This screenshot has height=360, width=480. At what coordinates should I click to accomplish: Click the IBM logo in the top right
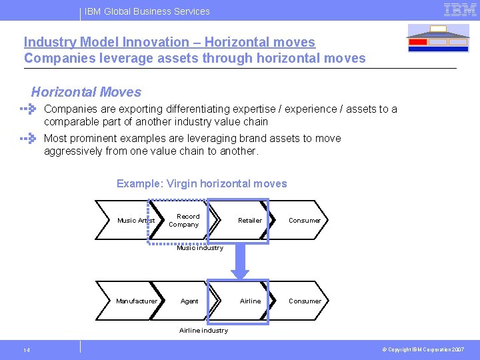(x=459, y=10)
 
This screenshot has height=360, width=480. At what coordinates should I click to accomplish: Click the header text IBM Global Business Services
(x=147, y=11)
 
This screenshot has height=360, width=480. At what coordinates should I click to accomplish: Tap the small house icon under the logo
(x=438, y=39)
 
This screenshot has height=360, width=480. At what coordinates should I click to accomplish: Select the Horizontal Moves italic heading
(x=86, y=92)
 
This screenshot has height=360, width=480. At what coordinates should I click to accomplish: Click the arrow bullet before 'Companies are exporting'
(x=27, y=109)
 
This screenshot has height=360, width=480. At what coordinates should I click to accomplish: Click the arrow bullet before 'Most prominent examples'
(x=27, y=139)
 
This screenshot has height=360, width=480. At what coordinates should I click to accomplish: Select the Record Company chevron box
(x=184, y=220)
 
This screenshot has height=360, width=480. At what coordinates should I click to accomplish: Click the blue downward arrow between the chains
(x=239, y=261)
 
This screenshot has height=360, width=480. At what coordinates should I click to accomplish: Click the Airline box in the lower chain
(x=244, y=301)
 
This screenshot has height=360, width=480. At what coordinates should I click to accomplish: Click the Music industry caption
(x=200, y=248)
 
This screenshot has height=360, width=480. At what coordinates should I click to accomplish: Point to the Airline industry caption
(x=203, y=330)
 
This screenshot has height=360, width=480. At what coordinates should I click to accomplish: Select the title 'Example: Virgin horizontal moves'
(x=201, y=183)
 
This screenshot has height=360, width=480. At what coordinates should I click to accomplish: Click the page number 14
(x=26, y=350)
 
